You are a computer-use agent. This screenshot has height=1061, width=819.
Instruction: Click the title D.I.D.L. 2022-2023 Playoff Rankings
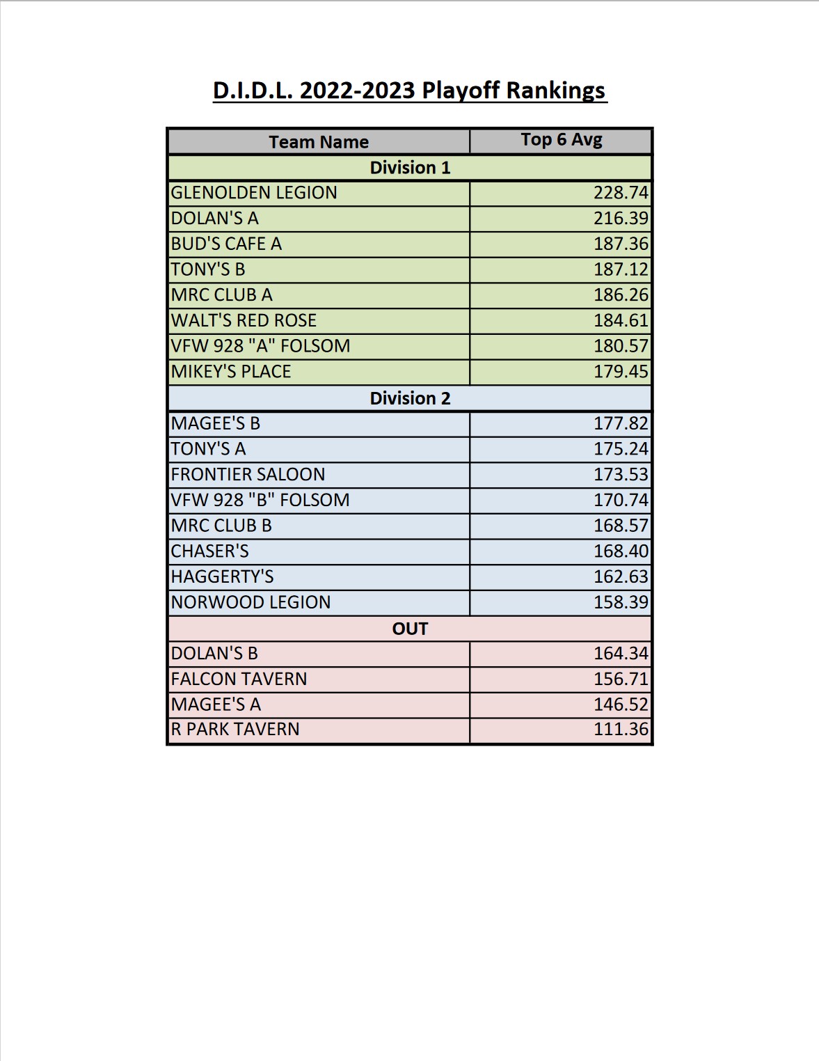[410, 91]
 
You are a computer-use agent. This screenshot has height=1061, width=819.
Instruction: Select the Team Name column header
[319, 142]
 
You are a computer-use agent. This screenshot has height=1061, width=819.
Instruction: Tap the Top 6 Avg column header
[562, 140]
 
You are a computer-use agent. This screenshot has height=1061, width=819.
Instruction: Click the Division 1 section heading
[410, 168]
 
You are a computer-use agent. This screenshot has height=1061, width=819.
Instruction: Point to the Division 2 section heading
[410, 398]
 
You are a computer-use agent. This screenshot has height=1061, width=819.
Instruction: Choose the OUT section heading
[410, 629]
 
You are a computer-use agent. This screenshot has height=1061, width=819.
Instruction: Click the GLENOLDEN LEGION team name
[254, 193]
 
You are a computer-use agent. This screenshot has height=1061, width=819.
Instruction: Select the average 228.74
[621, 193]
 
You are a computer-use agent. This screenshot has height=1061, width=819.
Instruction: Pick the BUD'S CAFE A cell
[226, 244]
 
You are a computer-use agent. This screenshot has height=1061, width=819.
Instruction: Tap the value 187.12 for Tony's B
[621, 269]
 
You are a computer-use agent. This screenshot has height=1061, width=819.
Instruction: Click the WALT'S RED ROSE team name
[244, 320]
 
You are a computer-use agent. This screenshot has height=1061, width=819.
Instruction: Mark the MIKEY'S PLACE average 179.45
[621, 372]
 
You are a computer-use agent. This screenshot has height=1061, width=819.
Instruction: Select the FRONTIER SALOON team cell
[248, 475]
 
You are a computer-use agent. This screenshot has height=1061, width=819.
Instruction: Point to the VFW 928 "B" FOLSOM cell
[260, 500]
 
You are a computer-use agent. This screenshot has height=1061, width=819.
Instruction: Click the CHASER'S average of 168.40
[621, 551]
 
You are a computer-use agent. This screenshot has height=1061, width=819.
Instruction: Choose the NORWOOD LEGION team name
[251, 602]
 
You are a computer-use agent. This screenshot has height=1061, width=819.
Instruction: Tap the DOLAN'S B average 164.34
[621, 654]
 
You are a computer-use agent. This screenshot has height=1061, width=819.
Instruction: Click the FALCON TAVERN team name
[239, 679]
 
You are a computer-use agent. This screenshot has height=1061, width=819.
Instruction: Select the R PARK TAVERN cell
[235, 730]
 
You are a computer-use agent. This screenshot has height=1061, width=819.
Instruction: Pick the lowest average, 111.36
[621, 730]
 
